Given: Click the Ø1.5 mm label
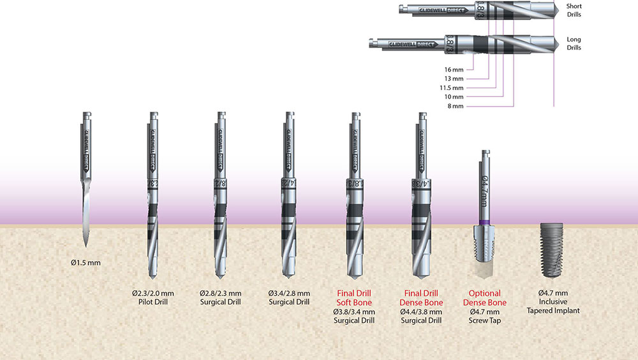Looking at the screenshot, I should pos(85,262).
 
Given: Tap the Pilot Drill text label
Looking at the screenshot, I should pos(152,302).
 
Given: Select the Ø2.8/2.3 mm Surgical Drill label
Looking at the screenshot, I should pos(221,297).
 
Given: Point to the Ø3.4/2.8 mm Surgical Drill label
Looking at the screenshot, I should pos(289,297).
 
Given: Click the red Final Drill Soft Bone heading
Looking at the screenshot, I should pos(354,297).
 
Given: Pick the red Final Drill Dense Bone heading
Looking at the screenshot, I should pos(421,297).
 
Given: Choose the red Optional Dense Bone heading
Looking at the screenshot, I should pos(488,297).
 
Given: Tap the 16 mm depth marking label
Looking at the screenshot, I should pos(454,69).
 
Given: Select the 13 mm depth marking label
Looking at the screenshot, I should pos(454,79).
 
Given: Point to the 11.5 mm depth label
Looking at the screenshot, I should pos(452,87).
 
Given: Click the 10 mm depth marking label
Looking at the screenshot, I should pos(454,97).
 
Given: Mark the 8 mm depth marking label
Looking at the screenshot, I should pos(456,106).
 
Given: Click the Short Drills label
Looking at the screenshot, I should pos(574,10).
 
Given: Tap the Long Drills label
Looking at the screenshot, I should pos(574,43).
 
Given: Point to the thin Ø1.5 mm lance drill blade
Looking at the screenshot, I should pos(85,211).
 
